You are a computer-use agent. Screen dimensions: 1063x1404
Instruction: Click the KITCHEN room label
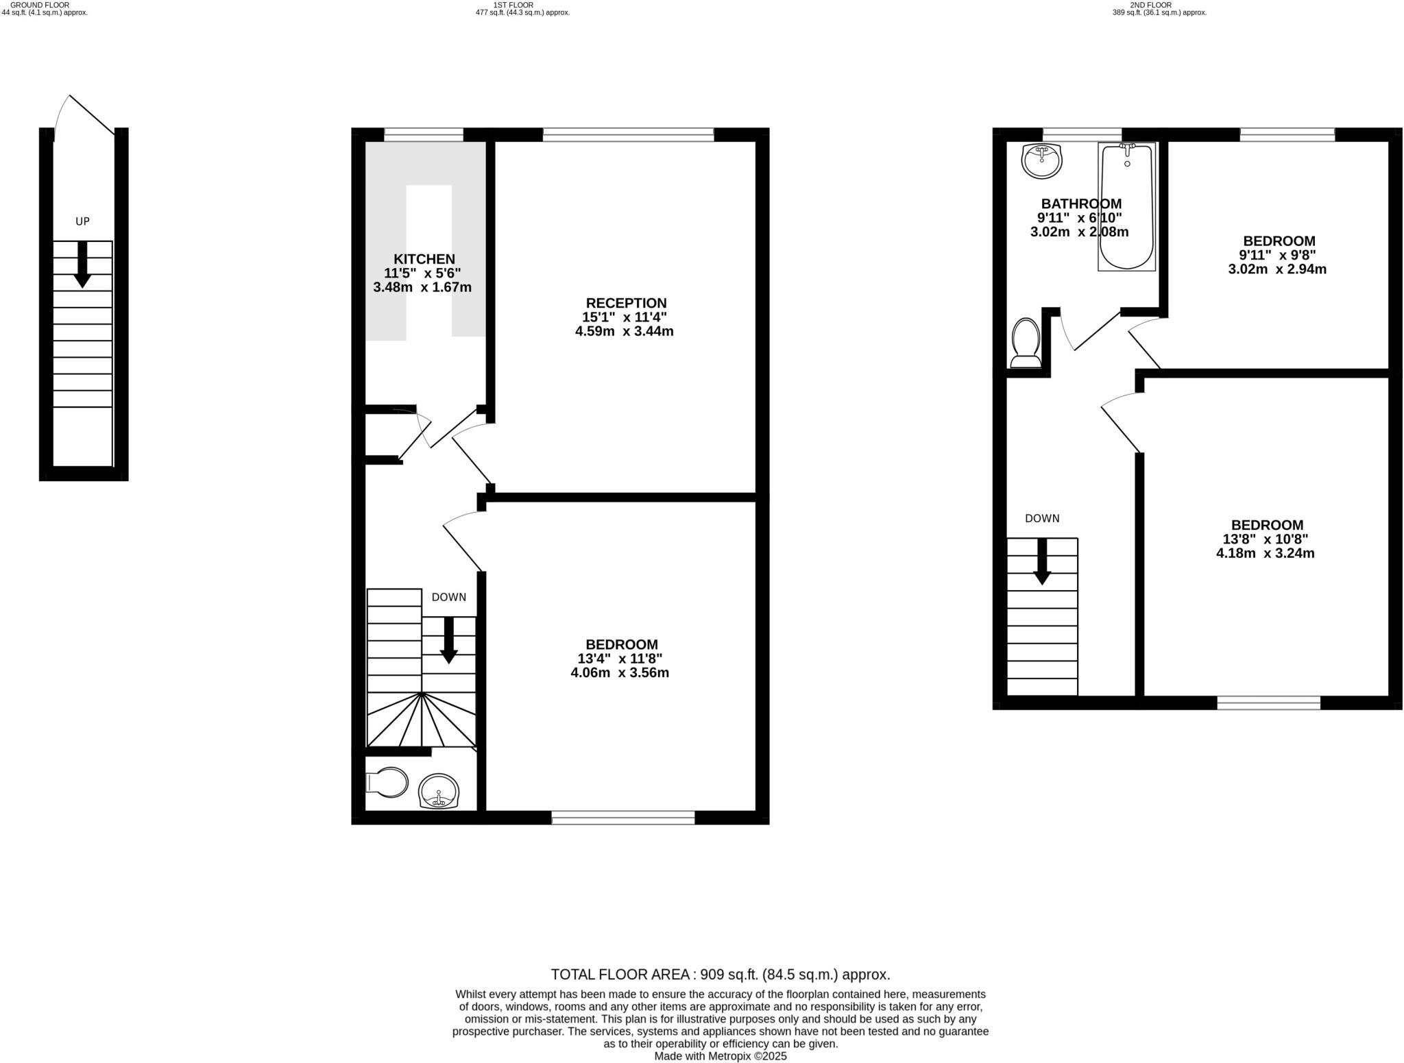click(x=424, y=259)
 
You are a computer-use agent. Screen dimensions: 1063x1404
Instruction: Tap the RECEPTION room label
click(x=626, y=303)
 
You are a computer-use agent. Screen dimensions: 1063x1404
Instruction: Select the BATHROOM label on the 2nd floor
click(x=1081, y=204)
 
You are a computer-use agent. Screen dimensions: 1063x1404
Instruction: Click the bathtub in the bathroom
click(x=1126, y=206)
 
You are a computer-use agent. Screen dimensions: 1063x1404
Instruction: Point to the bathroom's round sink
click(x=1041, y=160)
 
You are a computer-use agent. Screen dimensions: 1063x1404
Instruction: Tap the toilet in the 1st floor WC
click(x=387, y=782)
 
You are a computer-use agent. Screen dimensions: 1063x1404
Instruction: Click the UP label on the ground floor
click(x=82, y=221)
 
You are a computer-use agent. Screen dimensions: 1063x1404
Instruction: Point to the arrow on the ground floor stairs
click(x=82, y=265)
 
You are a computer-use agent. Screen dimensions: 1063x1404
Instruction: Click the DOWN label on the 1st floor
click(x=449, y=597)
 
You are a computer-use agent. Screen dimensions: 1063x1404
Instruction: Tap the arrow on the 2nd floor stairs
click(x=1042, y=561)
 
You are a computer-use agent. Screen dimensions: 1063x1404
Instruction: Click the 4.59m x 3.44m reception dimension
click(x=624, y=332)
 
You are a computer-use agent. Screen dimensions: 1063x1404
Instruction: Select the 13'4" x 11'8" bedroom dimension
click(x=620, y=659)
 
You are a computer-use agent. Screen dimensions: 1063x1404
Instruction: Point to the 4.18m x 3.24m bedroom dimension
click(x=1266, y=553)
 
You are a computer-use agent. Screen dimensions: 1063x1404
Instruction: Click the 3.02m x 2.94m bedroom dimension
click(x=1277, y=269)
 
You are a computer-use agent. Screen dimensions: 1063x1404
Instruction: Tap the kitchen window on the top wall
click(x=424, y=134)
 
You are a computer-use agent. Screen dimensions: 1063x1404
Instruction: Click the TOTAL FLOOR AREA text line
click(x=721, y=975)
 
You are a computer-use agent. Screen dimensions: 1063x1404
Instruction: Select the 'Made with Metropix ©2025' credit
click(x=721, y=1056)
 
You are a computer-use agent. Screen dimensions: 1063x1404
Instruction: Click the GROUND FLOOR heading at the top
click(x=40, y=5)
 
